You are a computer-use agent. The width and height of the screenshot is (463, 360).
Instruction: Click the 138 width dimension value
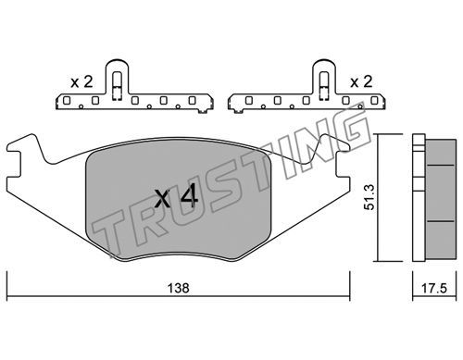tap(178, 288)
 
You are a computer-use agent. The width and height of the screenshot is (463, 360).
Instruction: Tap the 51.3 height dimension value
tap(369, 197)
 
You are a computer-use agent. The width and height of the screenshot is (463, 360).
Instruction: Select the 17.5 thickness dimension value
tap(434, 289)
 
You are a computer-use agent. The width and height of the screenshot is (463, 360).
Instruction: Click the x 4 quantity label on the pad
tap(176, 195)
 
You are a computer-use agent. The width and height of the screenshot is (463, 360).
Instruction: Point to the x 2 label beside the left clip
tap(81, 82)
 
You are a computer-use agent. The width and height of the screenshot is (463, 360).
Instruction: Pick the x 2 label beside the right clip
tap(361, 82)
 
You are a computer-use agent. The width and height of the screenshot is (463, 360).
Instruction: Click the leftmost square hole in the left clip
tap(67, 100)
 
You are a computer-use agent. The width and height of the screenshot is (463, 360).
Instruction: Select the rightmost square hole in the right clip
tap(374, 100)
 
